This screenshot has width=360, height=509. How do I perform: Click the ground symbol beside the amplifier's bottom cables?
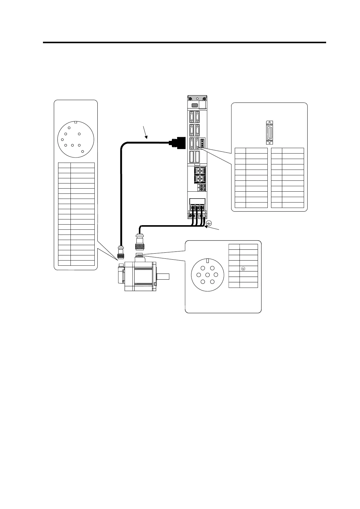coord(208,223)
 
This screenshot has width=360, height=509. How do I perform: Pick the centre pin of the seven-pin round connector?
coord(208,275)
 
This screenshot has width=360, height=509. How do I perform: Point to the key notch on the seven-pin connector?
coord(208,261)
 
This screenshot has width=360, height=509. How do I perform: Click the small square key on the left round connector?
coord(76,123)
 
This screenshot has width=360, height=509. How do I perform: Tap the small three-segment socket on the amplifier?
coord(202,143)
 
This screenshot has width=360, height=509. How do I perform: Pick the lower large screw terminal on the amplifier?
coord(200,180)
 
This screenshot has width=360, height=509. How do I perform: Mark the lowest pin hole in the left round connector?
coord(83,151)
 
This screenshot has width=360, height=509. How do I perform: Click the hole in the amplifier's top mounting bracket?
coord(198,99)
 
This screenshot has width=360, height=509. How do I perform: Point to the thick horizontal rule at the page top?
coord(185,43)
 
